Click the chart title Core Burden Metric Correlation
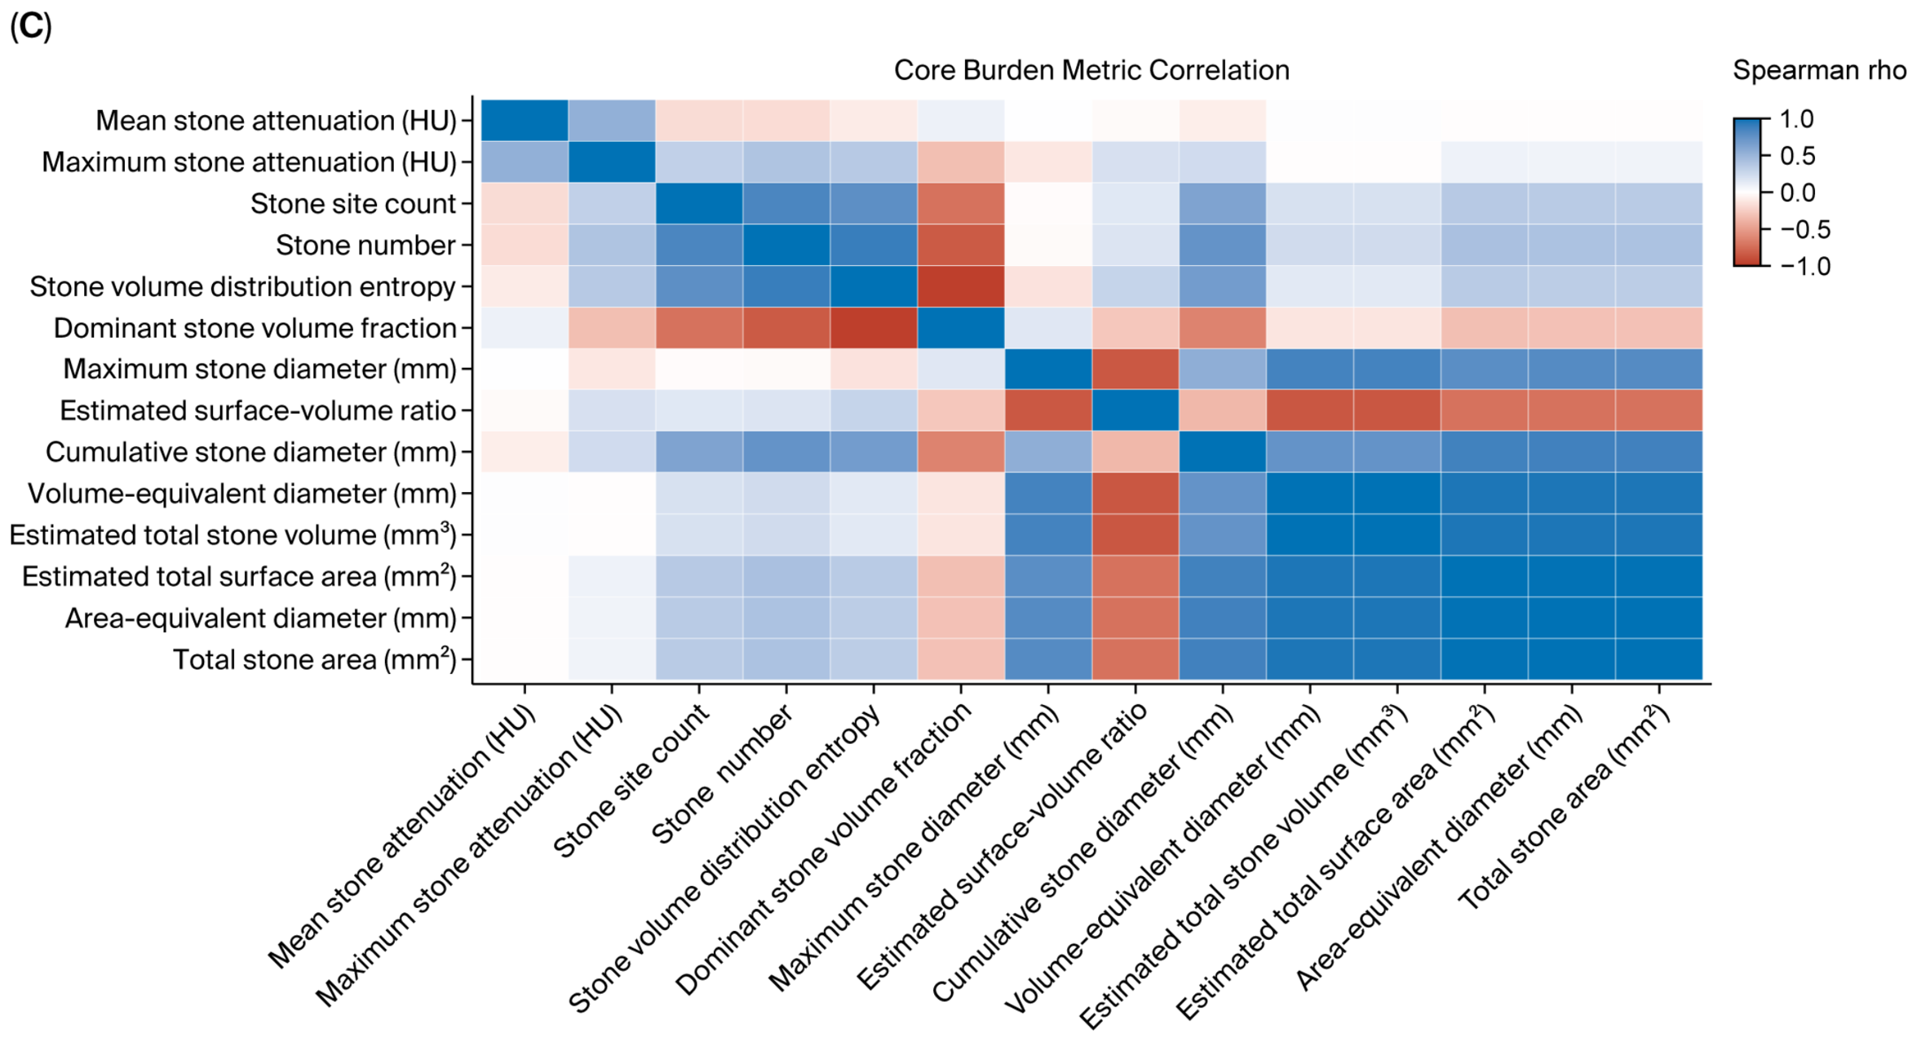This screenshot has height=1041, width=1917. coord(1091,70)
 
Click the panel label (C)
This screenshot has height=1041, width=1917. coord(31,27)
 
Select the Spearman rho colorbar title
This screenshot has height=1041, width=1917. coord(1818,71)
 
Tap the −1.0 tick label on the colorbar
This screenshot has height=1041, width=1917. coord(1805,266)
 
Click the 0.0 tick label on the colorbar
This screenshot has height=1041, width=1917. coord(1798,193)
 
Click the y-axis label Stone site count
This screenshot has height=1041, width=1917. coord(353,204)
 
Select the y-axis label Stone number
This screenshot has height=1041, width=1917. coord(365,246)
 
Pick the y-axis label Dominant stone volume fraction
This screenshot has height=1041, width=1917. coord(255,328)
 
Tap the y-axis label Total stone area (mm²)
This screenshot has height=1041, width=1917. coord(315,659)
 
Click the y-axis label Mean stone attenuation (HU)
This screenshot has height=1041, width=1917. coord(277,121)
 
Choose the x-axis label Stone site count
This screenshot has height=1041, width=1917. coord(631,781)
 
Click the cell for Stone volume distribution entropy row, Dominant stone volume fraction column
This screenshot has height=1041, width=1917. coord(961,286)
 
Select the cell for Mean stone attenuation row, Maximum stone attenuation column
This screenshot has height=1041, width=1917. coord(612,121)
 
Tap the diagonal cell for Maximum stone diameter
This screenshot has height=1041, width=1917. coord(1048,370)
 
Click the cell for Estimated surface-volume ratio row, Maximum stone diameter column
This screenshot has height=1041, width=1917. coord(1048,410)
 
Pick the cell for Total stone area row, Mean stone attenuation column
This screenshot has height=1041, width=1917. coord(525,659)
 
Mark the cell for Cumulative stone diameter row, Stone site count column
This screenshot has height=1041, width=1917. coord(699,452)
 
